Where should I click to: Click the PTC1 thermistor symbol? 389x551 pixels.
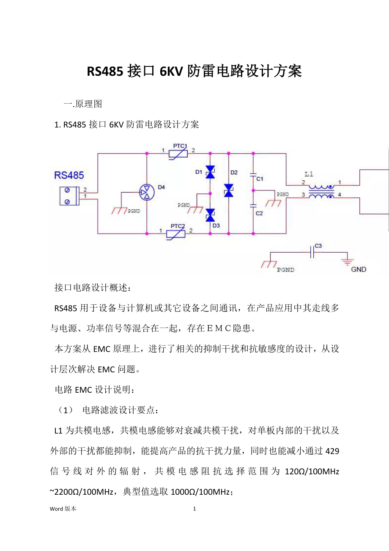click(x=178, y=154)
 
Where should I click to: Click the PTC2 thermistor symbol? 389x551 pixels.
click(x=178, y=233)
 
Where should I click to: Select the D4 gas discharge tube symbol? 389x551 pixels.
click(x=147, y=193)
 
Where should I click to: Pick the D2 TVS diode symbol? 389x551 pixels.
click(x=229, y=190)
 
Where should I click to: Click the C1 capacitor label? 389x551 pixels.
click(x=260, y=179)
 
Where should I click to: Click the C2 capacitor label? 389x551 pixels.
click(x=259, y=213)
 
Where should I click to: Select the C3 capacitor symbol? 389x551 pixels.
click(x=312, y=253)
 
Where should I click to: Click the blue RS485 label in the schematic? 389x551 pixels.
click(x=69, y=175)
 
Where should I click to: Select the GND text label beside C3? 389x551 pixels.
click(x=359, y=269)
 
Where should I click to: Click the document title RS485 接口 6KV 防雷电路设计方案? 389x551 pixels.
click(x=194, y=72)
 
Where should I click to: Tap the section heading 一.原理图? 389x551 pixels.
click(x=83, y=104)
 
